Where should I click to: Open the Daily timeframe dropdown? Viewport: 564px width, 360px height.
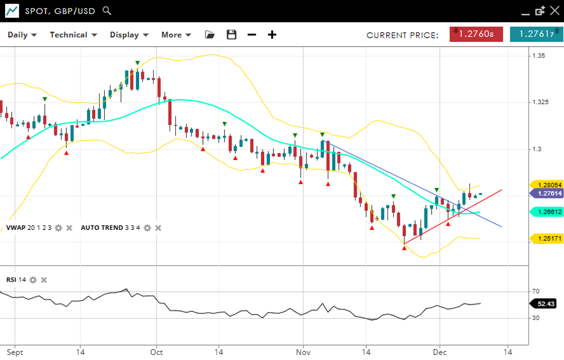point(22,35)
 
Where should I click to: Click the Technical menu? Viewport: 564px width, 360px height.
point(73,35)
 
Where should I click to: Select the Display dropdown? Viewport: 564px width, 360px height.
point(129,35)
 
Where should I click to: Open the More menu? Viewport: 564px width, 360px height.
point(176,35)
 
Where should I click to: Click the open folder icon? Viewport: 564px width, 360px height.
point(210,35)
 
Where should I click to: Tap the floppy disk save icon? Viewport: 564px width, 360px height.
point(232,35)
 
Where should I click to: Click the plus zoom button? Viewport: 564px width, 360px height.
point(272,35)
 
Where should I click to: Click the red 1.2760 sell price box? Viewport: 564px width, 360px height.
point(472,34)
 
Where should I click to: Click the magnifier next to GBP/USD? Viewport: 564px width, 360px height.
point(107,11)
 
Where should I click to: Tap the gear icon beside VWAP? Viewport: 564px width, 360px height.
point(58,228)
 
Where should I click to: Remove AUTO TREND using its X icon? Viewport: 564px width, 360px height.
point(158,228)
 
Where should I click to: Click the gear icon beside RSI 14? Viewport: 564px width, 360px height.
point(33,280)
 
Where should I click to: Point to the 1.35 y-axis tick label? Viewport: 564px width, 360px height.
point(538,56)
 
